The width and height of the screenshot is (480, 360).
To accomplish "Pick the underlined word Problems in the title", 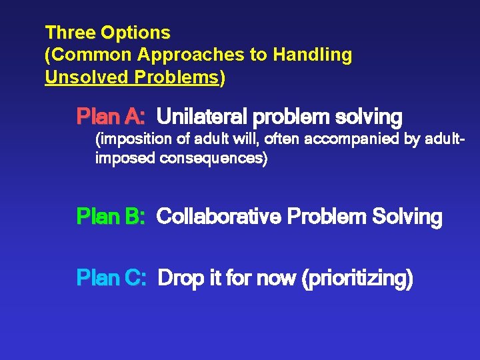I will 177,77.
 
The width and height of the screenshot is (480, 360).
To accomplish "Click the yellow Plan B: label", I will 111,217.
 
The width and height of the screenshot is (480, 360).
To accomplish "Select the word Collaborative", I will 219,217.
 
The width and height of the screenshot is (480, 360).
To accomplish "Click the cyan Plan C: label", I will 111,277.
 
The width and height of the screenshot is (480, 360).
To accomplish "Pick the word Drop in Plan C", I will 177,277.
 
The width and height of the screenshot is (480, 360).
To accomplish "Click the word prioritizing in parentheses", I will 358,277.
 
